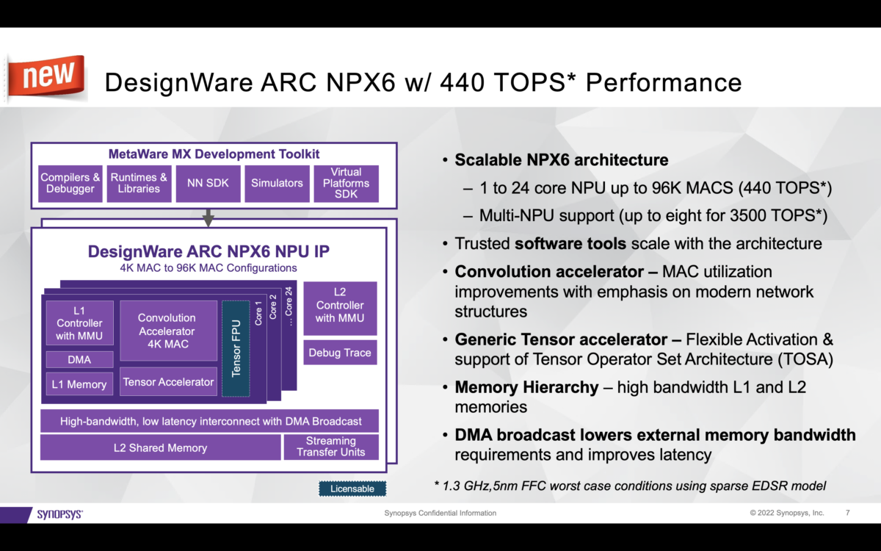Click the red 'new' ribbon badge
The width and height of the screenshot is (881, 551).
[x=46, y=76]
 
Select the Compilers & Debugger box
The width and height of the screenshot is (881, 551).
[x=70, y=183]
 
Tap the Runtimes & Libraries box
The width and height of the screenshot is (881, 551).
[x=139, y=183]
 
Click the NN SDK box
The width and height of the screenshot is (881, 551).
[x=208, y=183]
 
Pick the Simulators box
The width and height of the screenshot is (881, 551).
[x=277, y=183]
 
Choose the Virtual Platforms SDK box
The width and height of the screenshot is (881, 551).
[x=346, y=183]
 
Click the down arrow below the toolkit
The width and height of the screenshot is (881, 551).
[x=209, y=217]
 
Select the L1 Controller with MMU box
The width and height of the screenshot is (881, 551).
[x=79, y=323]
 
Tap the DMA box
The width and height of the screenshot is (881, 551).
[x=79, y=359]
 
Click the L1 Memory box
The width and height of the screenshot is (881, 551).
[x=79, y=384]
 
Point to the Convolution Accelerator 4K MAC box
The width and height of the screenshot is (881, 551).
[x=167, y=331]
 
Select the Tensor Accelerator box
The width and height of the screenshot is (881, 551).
[x=168, y=382]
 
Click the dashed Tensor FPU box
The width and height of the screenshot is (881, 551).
[x=236, y=348]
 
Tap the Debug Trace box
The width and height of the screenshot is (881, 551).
[x=340, y=353]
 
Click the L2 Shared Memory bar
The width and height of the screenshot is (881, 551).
[x=160, y=447]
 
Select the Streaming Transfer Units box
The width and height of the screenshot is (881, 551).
[x=330, y=447]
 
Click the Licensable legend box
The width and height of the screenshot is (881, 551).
[x=352, y=489]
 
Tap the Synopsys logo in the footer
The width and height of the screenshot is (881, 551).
[x=59, y=514]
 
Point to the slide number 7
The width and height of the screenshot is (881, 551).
[x=848, y=513]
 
